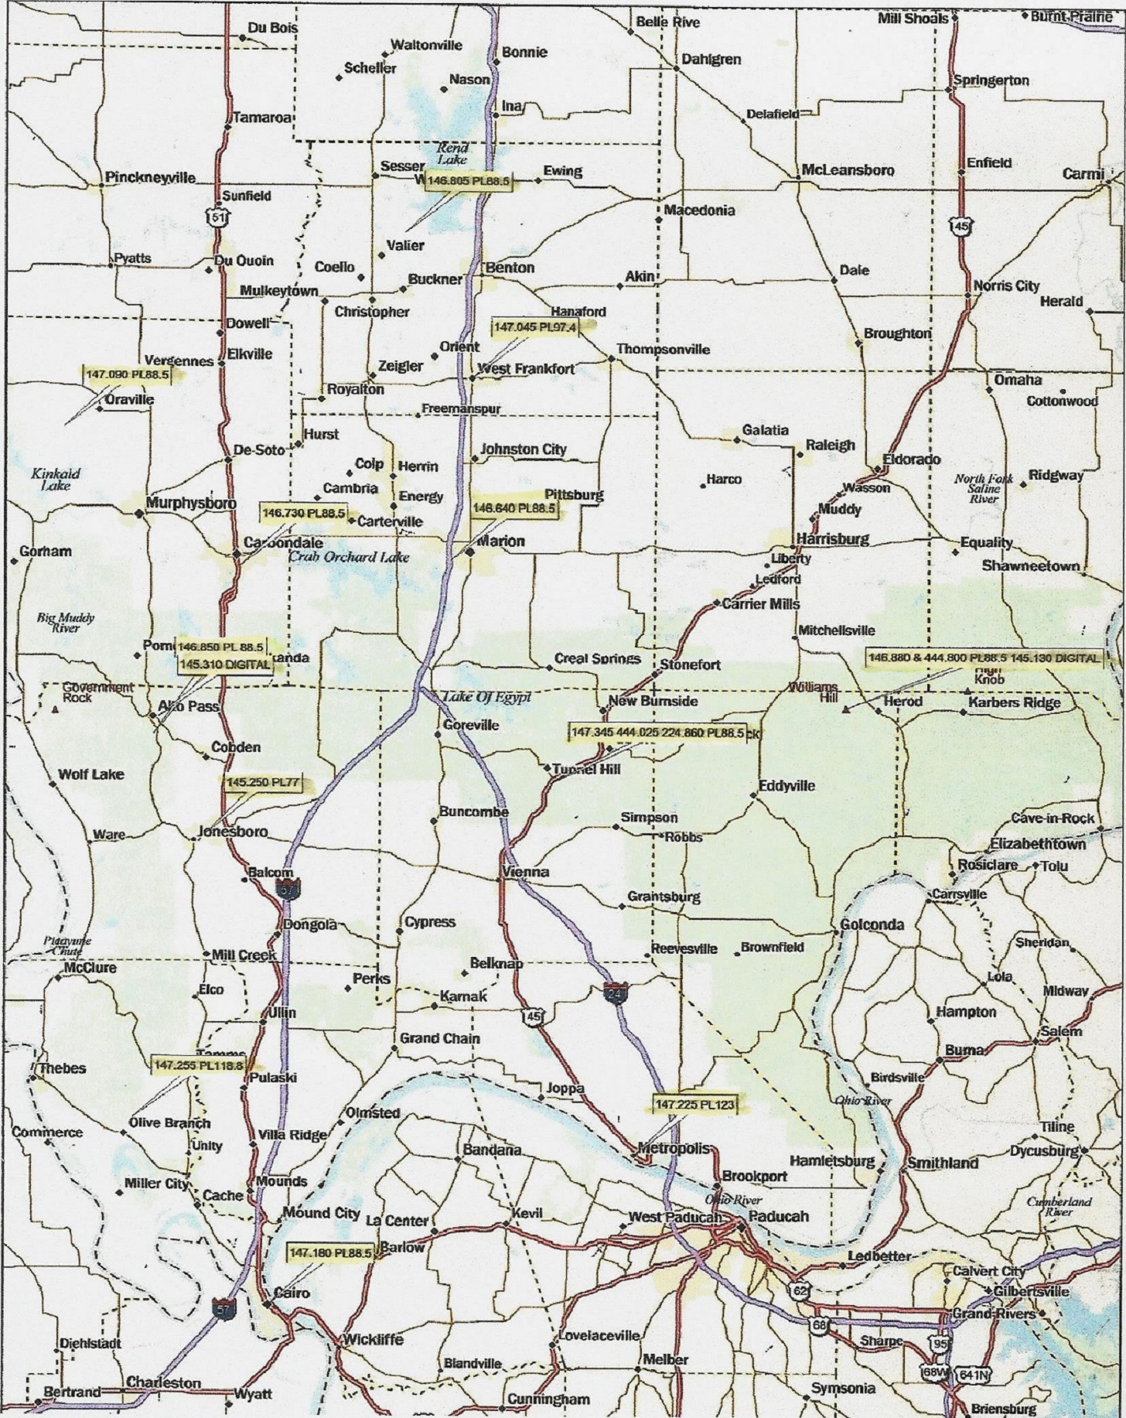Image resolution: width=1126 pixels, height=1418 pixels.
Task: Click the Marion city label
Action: point(500,542)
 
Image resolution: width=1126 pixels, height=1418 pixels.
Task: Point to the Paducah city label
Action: point(779,1216)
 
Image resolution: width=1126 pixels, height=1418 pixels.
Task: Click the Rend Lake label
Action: point(452,153)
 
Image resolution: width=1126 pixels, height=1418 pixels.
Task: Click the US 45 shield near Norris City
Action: point(962,224)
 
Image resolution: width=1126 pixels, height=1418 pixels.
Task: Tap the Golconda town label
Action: point(872,924)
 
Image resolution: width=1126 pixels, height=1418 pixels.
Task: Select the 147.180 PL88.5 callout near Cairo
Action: point(330,1252)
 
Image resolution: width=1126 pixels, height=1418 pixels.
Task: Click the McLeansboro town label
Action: point(848,170)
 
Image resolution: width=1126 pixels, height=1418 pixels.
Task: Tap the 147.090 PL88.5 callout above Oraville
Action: point(126,374)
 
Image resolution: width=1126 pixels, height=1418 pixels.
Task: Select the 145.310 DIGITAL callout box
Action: point(225,664)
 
